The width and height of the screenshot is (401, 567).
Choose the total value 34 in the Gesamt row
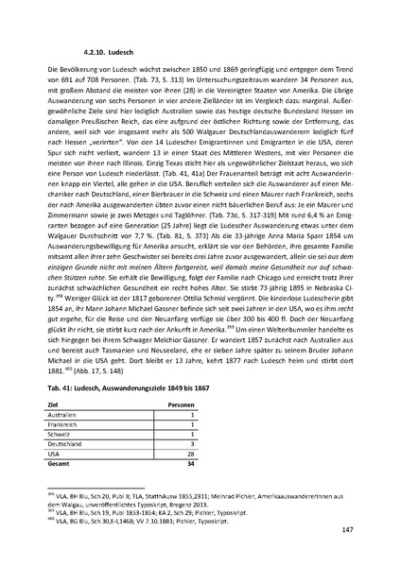tap(189, 463)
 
